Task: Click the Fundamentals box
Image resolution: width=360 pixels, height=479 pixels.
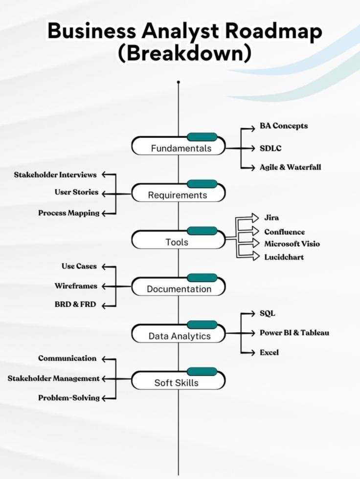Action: (x=179, y=147)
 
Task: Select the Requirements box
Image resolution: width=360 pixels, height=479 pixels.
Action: (x=179, y=194)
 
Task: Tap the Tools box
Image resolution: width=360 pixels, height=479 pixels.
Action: (x=179, y=240)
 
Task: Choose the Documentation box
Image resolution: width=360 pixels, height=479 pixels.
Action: (x=179, y=287)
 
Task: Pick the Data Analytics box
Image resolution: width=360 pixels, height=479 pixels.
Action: (x=179, y=335)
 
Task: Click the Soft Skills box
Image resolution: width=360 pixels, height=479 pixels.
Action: (x=179, y=381)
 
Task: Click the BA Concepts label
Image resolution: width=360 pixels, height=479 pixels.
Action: (x=284, y=126)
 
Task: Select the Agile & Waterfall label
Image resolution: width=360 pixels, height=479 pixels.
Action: (x=290, y=167)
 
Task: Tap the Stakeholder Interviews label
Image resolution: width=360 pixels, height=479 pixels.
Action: (x=55, y=174)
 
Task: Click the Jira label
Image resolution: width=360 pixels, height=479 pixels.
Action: (x=271, y=218)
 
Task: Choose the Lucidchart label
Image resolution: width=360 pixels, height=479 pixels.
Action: (x=284, y=257)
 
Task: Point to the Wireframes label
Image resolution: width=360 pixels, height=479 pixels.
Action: (x=76, y=286)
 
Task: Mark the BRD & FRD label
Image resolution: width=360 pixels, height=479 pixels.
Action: (x=75, y=305)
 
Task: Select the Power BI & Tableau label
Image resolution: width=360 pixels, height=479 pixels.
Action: (x=294, y=333)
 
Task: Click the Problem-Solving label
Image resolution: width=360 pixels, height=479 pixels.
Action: (x=69, y=398)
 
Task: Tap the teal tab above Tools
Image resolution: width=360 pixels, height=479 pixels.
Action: (x=202, y=231)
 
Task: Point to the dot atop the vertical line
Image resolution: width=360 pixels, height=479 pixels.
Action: (x=179, y=82)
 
